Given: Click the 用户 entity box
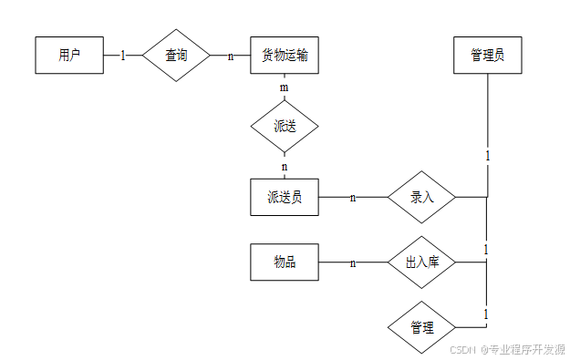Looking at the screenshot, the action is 69,56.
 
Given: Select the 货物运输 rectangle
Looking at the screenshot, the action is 285,56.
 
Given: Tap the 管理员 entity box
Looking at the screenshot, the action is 488,56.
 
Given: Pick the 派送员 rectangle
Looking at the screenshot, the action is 285,197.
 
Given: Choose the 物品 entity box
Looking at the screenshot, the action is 285,262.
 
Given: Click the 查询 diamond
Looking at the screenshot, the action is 176,56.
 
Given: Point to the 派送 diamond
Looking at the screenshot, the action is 285,127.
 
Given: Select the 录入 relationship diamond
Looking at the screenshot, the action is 421,197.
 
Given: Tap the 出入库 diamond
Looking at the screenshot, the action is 421,262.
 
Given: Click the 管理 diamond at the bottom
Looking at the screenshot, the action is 421,327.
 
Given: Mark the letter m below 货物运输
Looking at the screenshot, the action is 285,87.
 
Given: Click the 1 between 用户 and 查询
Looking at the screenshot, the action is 123,56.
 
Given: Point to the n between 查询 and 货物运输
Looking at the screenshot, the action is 231,57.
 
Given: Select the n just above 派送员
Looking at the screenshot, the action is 285,167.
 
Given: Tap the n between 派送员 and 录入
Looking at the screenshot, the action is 353,198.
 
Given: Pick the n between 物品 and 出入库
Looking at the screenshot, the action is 353,263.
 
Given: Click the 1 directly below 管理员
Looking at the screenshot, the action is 488,156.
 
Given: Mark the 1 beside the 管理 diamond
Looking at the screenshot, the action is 486,314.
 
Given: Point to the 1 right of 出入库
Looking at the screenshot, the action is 486,250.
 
